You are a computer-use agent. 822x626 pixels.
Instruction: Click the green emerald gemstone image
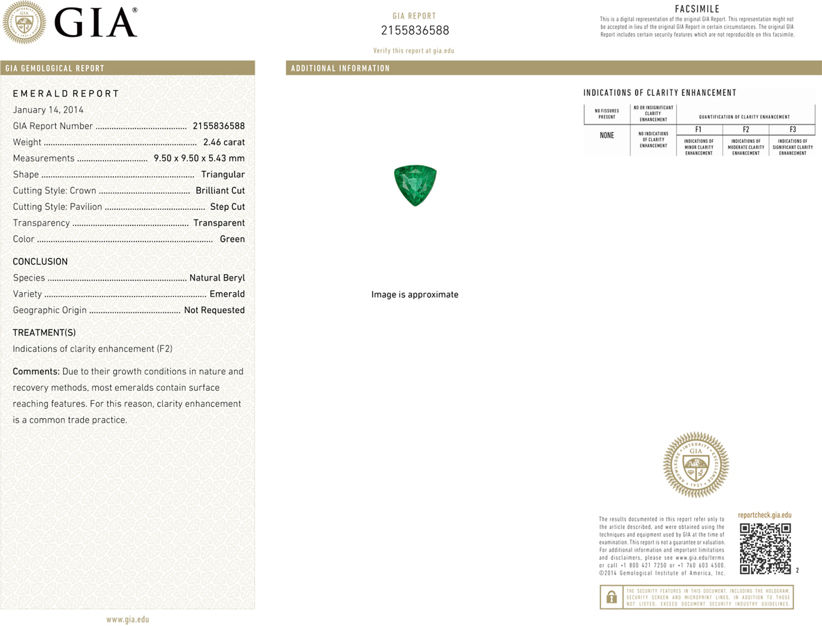coord(415,185)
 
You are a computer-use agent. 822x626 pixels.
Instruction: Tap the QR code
coord(765,549)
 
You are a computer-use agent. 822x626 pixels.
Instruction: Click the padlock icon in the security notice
coord(612,597)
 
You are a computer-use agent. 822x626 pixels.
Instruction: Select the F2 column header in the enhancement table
coord(746,130)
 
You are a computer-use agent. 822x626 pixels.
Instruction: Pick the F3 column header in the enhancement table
coord(793,130)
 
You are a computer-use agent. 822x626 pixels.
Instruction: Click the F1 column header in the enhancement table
coord(698,130)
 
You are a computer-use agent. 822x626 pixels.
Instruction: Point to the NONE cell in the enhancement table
coord(607,135)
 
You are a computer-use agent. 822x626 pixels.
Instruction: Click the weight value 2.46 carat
coord(224,142)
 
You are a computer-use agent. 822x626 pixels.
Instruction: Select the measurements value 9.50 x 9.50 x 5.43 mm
coord(199,158)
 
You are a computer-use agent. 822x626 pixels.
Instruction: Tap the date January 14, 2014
coord(48,110)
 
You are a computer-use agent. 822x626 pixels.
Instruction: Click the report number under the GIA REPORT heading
coord(415,30)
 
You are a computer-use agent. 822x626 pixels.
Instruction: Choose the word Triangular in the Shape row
coord(223,175)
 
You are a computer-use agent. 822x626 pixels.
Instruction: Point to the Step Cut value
coord(227,207)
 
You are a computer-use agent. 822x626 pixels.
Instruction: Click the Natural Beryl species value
coord(217,278)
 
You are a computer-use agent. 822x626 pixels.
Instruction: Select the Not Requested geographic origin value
coord(214,310)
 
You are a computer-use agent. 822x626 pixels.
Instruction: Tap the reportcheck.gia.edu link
coord(764,515)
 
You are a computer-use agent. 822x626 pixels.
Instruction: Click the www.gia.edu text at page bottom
coord(128,619)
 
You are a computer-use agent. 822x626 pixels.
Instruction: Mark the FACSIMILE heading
coord(697,9)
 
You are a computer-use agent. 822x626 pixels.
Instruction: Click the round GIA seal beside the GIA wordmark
coord(24,23)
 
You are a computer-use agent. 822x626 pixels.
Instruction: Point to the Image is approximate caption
coord(415,294)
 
